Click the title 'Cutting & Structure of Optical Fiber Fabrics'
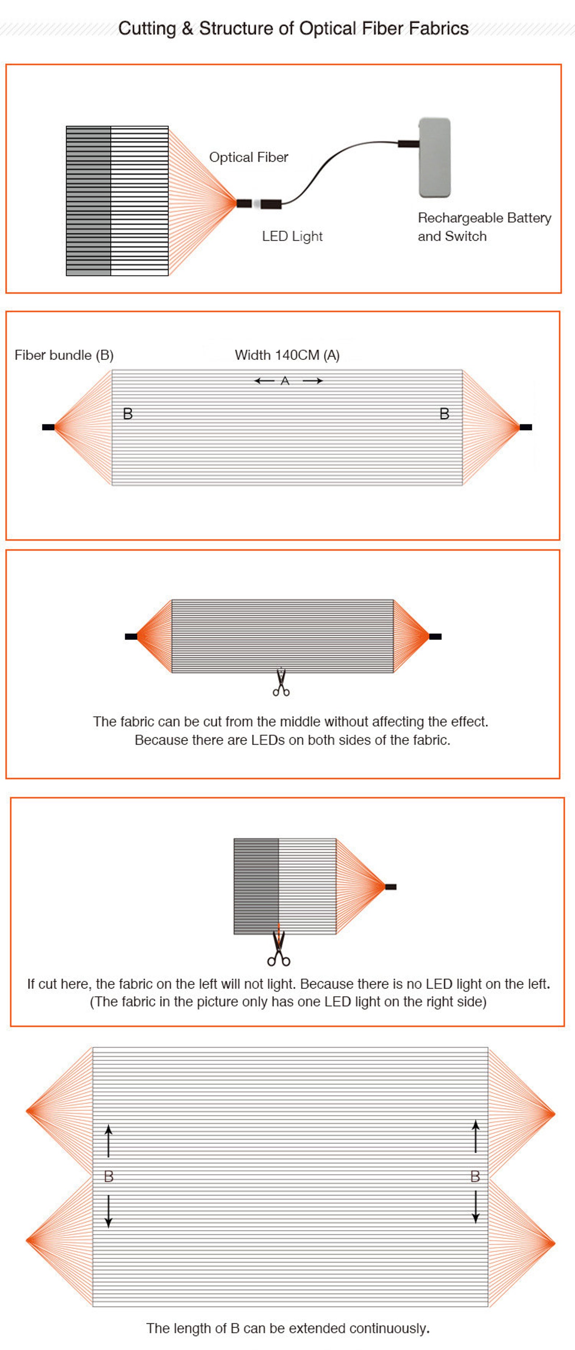[293, 28]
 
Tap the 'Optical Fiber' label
[249, 157]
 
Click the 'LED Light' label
[292, 237]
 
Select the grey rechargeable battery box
[435, 158]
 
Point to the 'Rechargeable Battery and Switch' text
[484, 227]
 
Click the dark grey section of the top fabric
[88, 201]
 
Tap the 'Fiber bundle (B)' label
[64, 355]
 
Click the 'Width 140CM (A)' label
[287, 355]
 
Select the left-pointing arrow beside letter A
[264, 381]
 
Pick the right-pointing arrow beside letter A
[312, 381]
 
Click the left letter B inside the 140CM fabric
[128, 414]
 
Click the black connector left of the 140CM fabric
[48, 427]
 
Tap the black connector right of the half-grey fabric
[391, 887]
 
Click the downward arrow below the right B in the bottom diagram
[475, 1207]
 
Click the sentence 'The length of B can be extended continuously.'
[288, 1328]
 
